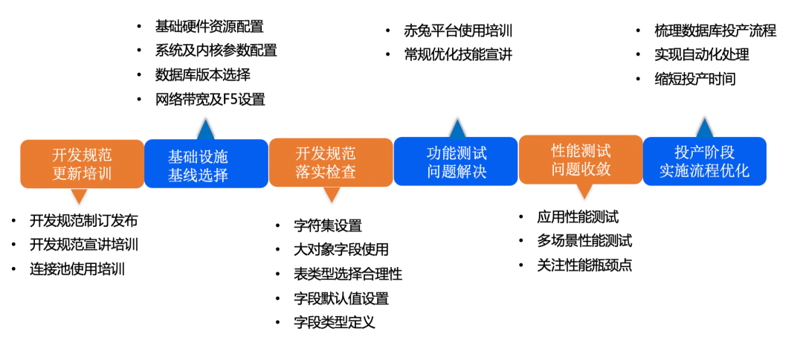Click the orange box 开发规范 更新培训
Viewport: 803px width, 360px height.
(x=82, y=164)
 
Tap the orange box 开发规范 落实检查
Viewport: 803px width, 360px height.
(x=331, y=162)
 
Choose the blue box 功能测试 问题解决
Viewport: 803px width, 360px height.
(x=456, y=162)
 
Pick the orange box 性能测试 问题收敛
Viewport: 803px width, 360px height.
(x=581, y=159)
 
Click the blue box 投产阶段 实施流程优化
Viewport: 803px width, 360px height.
(x=704, y=161)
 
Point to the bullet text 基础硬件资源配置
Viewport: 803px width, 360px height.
(x=209, y=27)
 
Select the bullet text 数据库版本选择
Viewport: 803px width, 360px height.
(x=202, y=75)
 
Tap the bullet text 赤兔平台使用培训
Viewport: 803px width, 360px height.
(x=458, y=31)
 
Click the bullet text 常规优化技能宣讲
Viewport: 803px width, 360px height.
(x=458, y=54)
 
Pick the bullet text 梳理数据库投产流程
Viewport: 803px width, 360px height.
(x=715, y=31)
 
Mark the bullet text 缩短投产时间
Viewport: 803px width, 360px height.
(x=695, y=79)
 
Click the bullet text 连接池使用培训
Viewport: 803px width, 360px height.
(x=77, y=269)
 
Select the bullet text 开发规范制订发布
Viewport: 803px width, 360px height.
(x=84, y=221)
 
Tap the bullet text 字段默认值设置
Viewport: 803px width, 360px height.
(x=341, y=298)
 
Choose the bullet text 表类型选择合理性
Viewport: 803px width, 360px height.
(x=348, y=274)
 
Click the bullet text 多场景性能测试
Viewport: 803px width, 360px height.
(x=584, y=241)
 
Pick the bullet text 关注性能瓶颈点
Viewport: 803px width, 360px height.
(x=584, y=265)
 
